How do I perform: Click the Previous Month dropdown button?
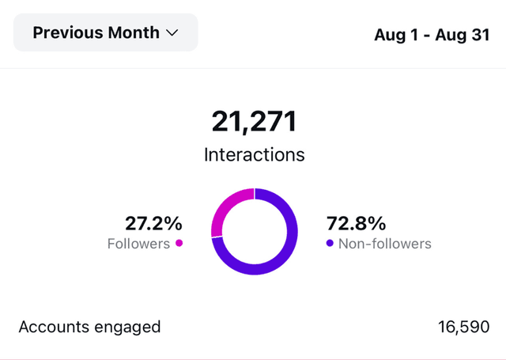[106, 33]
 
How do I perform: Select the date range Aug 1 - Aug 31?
[432, 36]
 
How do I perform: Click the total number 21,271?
[254, 122]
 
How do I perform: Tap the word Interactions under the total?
[254, 154]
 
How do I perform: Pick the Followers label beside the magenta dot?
[138, 244]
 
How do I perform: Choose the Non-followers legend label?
[384, 244]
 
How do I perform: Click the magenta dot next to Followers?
[179, 243]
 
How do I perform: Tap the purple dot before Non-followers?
[330, 243]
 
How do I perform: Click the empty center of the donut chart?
[254, 231]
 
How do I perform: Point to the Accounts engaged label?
[89, 327]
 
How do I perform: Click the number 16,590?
[463, 327]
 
